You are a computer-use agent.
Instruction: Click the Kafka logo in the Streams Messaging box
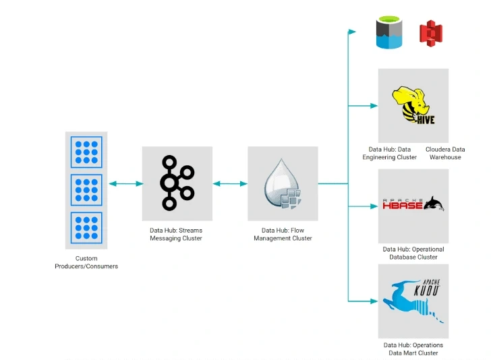177,183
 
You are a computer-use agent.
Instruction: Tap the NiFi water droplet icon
283,183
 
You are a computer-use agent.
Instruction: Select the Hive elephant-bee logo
413,106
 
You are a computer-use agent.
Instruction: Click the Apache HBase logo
413,204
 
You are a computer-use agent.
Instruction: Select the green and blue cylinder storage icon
389,33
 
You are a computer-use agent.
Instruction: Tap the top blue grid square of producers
86,152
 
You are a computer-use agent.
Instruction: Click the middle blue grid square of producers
86,190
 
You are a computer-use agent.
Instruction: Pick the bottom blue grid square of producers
86,229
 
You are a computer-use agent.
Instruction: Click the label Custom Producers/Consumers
86,262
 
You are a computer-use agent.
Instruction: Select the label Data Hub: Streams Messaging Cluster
176,234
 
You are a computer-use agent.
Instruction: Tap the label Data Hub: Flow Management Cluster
283,234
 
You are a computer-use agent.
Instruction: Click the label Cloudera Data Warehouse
445,153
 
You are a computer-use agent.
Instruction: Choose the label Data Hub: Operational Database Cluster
413,253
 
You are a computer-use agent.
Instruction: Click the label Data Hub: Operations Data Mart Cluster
413,349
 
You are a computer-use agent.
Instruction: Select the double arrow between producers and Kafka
125,183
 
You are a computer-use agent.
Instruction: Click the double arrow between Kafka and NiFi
230,183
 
